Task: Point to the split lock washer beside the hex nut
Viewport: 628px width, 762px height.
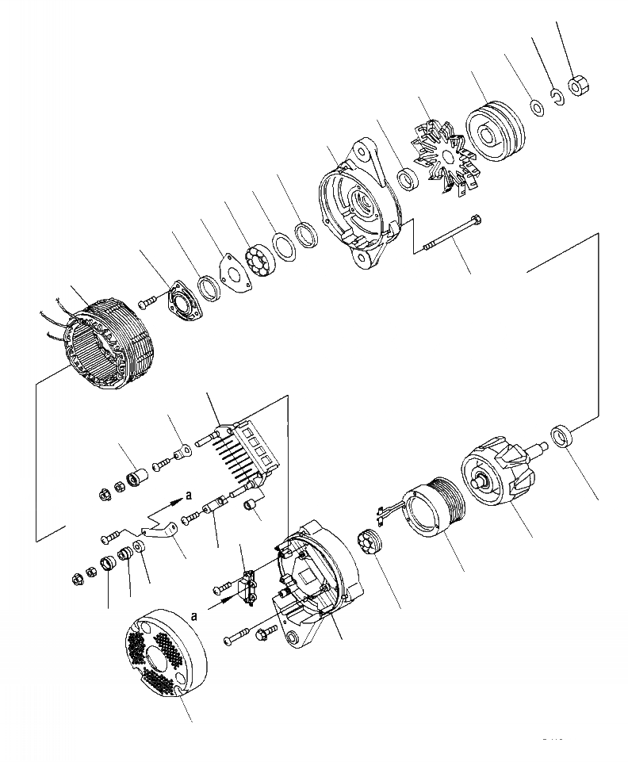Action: pyautogui.click(x=557, y=98)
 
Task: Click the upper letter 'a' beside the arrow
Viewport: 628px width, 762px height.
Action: pyautogui.click(x=188, y=495)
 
